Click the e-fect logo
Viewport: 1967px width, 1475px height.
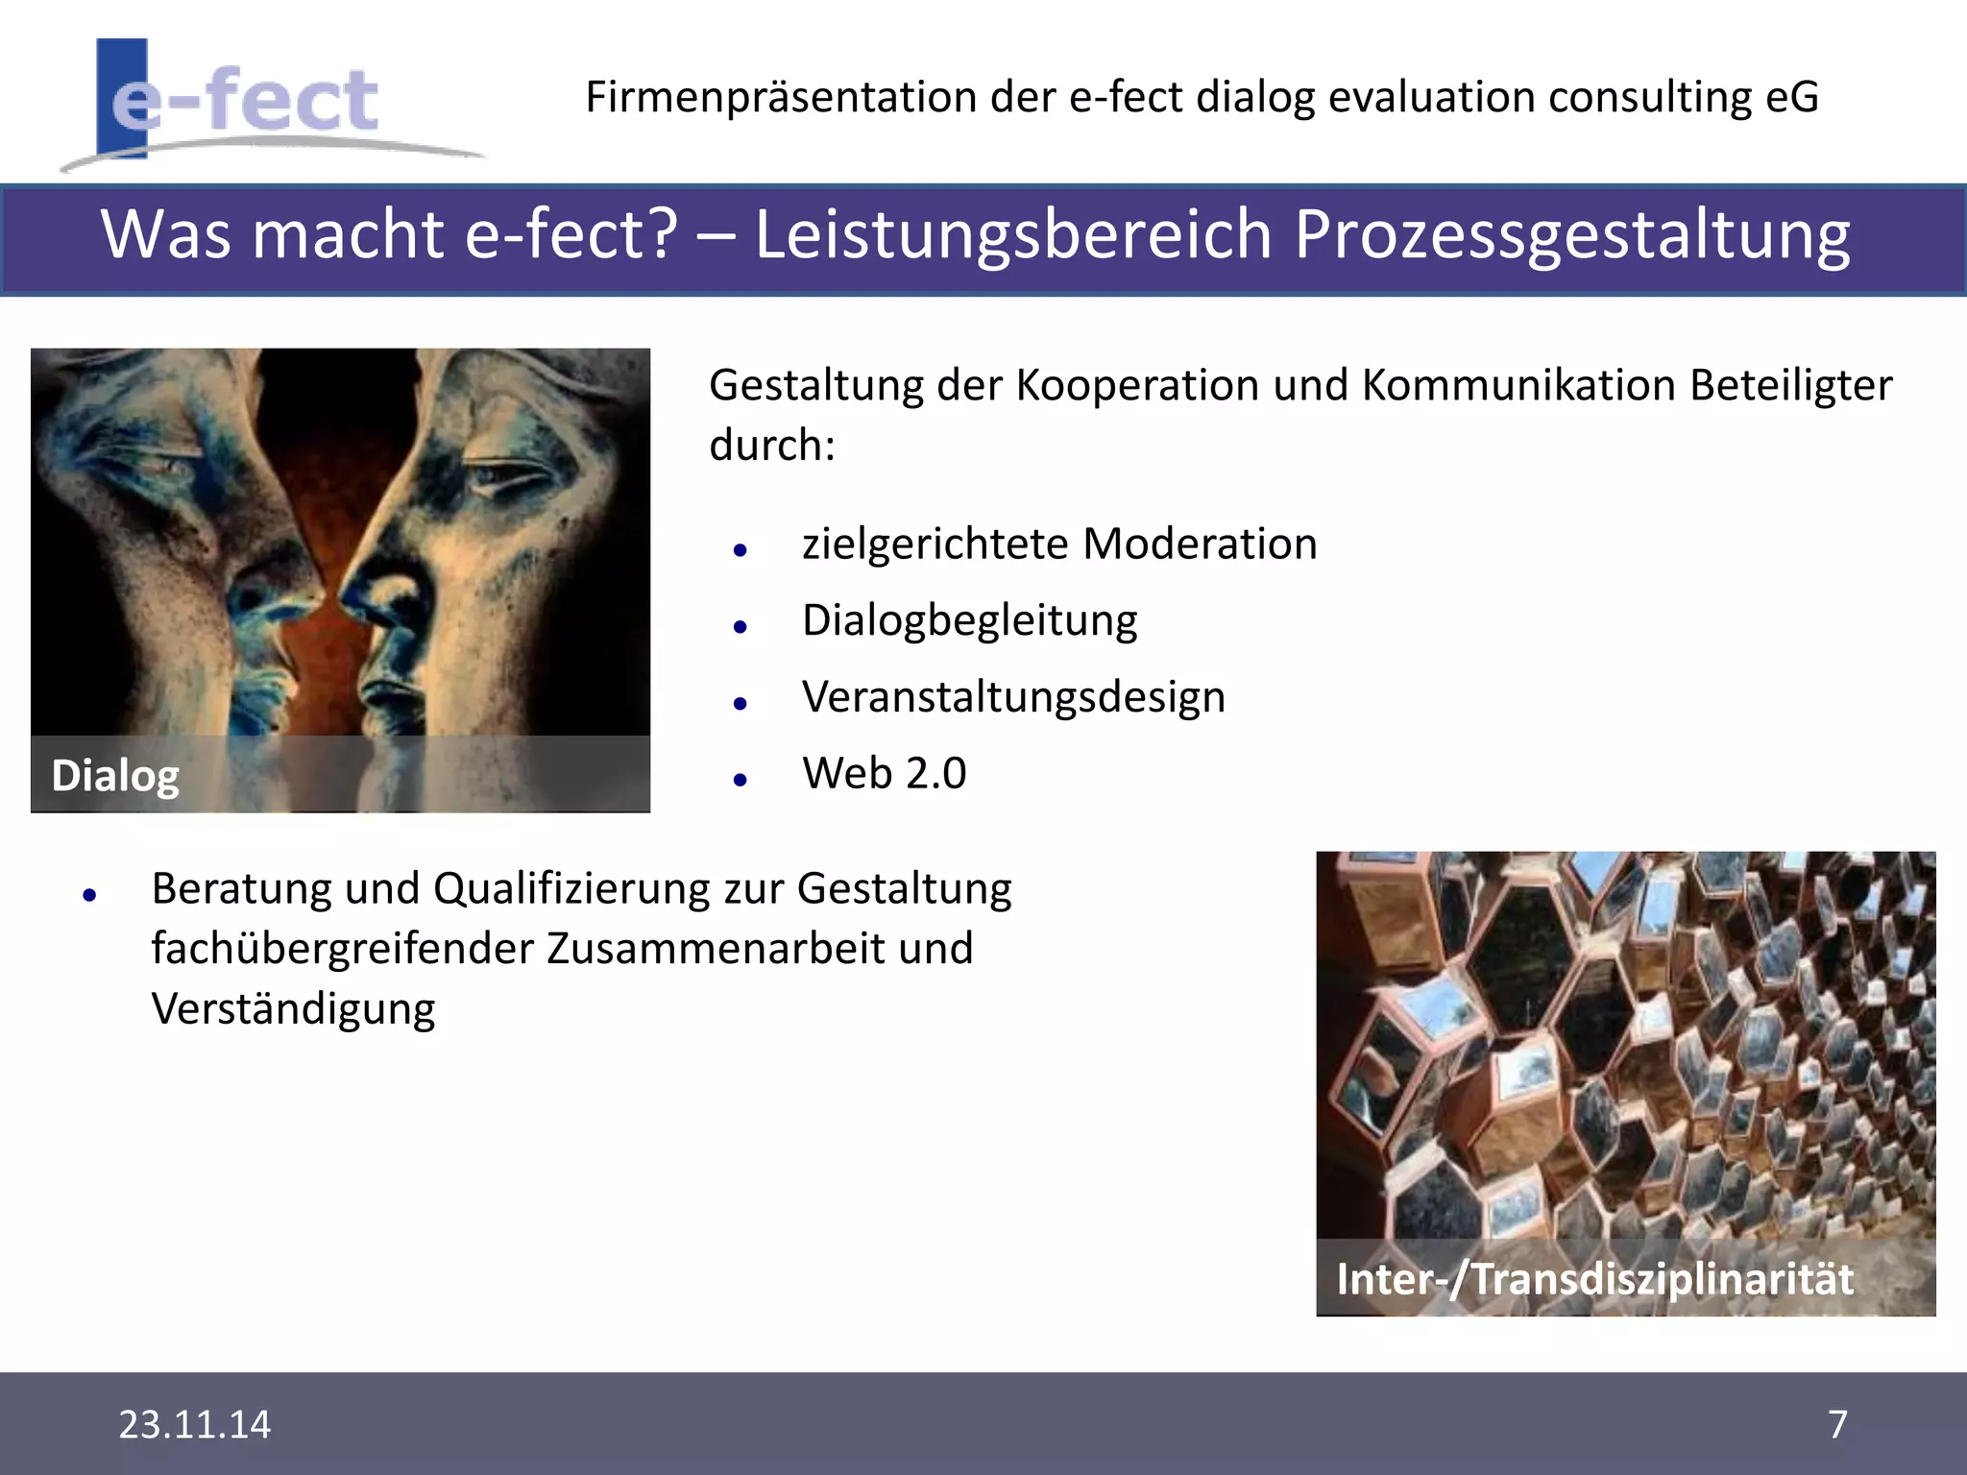(x=245, y=101)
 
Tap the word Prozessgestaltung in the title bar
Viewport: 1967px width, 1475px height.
(x=1571, y=235)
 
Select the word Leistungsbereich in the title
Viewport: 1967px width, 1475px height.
(x=1012, y=235)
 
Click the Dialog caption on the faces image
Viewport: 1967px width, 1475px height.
(x=115, y=776)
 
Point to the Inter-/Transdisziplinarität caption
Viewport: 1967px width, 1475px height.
(x=1594, y=1279)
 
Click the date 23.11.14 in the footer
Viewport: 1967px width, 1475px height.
(x=194, y=1424)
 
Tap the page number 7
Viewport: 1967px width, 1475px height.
(x=1837, y=1424)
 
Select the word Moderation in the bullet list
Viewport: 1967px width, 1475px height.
(x=1200, y=544)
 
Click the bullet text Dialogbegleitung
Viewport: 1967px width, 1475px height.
(x=970, y=620)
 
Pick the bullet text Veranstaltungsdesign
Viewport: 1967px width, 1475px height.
(x=1013, y=697)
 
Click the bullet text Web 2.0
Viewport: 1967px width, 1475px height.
(x=885, y=773)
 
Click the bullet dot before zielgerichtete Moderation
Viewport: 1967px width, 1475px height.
(x=740, y=551)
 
